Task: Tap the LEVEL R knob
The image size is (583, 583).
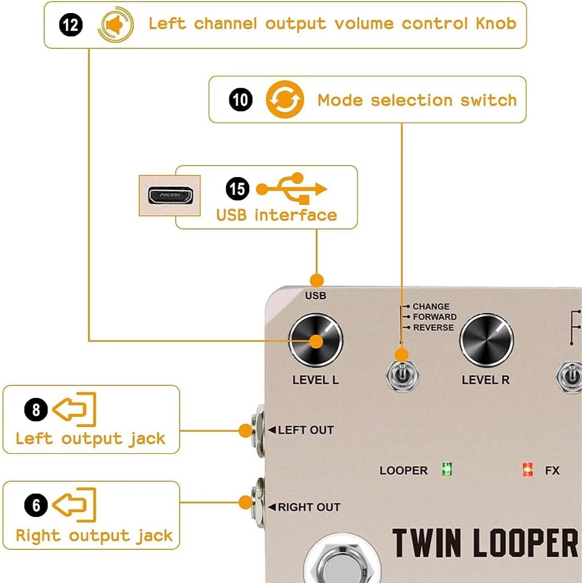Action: [x=486, y=340]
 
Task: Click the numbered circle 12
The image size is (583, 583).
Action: [x=71, y=24]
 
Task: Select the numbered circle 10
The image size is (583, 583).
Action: [x=240, y=100]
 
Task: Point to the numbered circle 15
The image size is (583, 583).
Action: [x=237, y=188]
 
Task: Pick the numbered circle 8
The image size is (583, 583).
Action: [x=35, y=409]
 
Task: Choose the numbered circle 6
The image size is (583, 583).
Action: [x=35, y=506]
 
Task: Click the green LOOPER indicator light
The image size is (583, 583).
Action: [x=447, y=470]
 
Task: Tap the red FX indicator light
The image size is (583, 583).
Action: [x=528, y=470]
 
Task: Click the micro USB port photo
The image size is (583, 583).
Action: [x=170, y=195]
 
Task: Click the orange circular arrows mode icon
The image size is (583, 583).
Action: [x=285, y=100]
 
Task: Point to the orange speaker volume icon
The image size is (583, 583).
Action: [x=116, y=25]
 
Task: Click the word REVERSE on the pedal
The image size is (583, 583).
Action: [x=433, y=327]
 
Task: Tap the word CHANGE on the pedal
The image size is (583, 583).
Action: [x=431, y=306]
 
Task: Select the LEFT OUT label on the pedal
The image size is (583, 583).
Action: [x=305, y=430]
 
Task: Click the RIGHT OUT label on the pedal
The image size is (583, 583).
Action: [x=309, y=507]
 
